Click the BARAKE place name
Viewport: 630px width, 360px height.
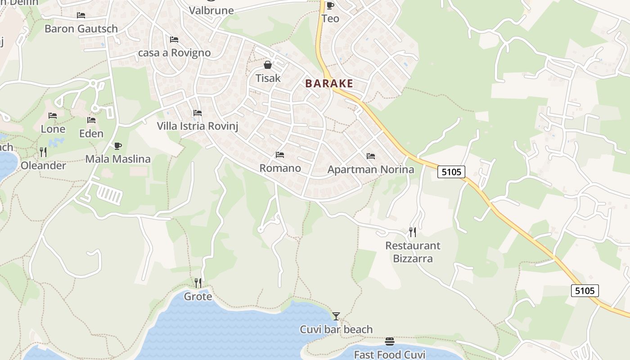pos(329,84)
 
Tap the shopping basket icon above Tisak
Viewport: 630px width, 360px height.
pos(268,65)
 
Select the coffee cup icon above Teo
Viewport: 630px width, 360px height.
pos(330,5)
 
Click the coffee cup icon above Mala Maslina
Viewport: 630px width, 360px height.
pos(117,146)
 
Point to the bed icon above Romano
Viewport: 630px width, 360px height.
pos(280,155)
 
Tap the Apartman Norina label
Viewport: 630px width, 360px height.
pos(371,170)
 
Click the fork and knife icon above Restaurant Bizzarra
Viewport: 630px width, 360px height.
pos(413,232)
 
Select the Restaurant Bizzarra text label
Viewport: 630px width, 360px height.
pos(413,252)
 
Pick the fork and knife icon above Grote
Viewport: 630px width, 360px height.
pos(198,283)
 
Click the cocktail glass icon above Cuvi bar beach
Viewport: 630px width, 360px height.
pos(336,316)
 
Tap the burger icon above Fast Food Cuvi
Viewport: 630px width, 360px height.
pos(390,342)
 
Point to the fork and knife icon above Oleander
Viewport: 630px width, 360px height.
pos(43,152)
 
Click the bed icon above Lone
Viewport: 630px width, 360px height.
pos(53,116)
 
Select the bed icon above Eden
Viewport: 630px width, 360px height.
pos(91,120)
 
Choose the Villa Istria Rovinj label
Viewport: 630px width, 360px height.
pos(197,126)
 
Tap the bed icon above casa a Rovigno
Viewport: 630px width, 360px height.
pos(174,40)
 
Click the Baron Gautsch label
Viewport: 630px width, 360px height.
pos(81,29)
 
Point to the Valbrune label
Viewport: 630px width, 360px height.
pos(211,10)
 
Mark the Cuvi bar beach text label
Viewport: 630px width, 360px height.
pos(336,329)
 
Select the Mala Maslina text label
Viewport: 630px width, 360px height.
pos(118,159)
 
